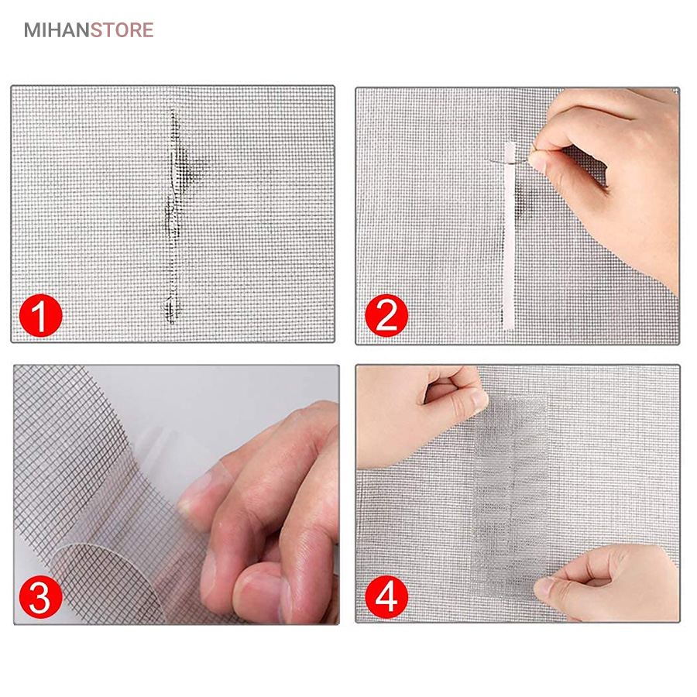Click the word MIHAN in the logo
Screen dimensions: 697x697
click(57, 30)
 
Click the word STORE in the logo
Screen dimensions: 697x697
click(122, 30)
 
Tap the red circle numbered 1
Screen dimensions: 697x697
click(40, 316)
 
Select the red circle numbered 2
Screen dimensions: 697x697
click(386, 316)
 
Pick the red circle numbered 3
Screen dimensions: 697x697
click(40, 597)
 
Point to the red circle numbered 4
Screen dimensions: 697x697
click(386, 597)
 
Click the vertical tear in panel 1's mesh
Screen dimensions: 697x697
click(173, 216)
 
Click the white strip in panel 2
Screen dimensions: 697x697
click(509, 235)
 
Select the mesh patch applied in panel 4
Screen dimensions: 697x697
click(510, 493)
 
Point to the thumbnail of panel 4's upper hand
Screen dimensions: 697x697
click(480, 399)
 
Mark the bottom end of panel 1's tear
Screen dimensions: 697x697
click(172, 324)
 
